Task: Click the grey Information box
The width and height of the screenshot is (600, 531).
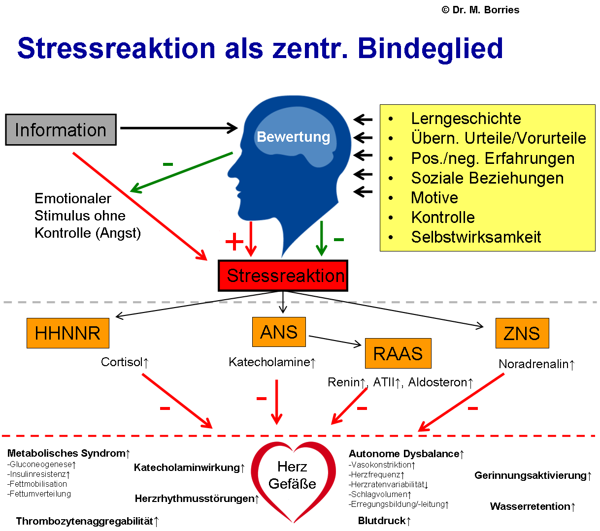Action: [61, 130]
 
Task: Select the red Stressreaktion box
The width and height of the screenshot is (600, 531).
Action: [283, 276]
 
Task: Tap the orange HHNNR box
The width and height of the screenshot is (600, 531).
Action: [68, 333]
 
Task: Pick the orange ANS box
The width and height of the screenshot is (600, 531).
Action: [279, 332]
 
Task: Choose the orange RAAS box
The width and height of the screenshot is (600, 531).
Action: [398, 353]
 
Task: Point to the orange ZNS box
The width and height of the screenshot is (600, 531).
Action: [522, 333]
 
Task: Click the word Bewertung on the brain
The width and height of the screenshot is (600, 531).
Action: [294, 136]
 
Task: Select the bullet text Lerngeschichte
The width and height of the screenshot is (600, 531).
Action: [466, 119]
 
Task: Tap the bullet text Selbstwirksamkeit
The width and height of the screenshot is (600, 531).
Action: [476, 237]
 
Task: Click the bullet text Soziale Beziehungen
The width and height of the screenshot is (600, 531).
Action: [487, 178]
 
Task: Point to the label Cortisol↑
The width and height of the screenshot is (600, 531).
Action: [125, 362]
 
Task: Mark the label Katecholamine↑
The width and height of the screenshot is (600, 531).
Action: [272, 362]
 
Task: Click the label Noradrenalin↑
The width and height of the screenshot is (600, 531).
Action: [536, 364]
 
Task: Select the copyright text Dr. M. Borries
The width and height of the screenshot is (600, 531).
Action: [481, 10]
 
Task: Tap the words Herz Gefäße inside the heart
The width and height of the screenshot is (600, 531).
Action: [293, 475]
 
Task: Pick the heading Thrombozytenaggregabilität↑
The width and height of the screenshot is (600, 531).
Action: [87, 521]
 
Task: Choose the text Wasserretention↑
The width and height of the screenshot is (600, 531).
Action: [533, 506]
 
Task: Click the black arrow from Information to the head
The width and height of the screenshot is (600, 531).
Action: [179, 128]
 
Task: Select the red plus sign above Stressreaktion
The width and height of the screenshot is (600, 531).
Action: [234, 241]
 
